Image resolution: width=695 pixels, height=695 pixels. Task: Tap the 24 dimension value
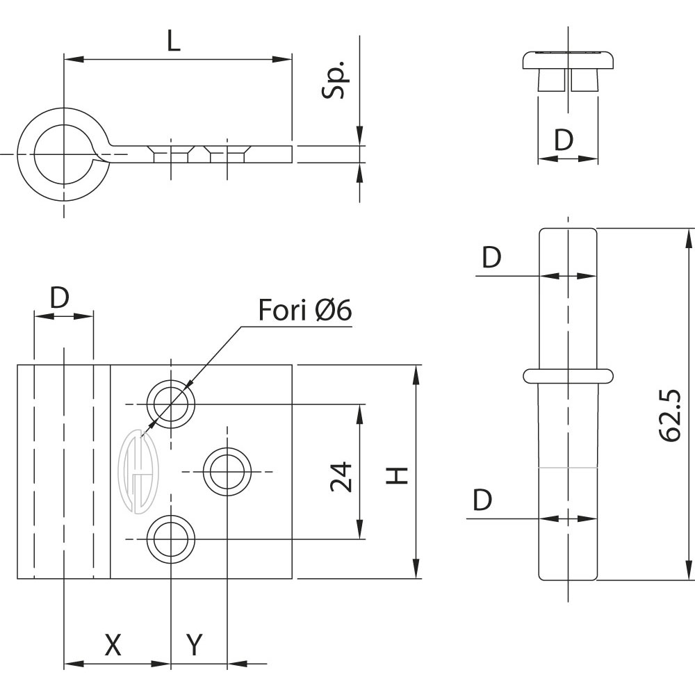click(x=341, y=477)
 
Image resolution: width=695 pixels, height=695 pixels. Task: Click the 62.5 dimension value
click(x=669, y=416)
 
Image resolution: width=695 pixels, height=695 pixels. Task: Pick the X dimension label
click(x=113, y=645)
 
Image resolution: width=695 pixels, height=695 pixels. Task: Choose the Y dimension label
click(x=195, y=645)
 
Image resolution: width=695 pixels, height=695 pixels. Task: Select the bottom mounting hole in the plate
click(x=170, y=539)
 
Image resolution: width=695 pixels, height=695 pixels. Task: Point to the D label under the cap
click(x=564, y=140)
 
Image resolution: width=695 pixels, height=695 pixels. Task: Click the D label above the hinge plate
click(x=60, y=299)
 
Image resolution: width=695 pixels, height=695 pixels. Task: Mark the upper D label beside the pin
click(x=491, y=258)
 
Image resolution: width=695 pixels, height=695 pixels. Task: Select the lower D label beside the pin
click(x=482, y=500)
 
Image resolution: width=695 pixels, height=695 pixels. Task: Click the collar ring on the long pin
click(x=569, y=375)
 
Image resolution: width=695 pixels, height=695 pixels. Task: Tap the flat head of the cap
click(x=569, y=58)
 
